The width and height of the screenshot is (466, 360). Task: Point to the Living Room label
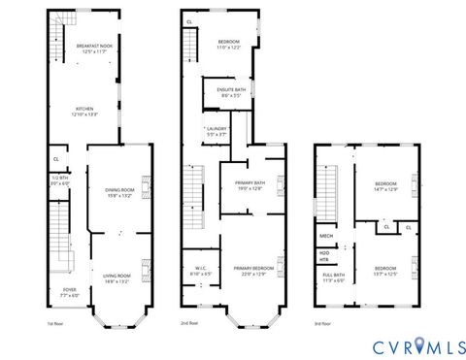117,278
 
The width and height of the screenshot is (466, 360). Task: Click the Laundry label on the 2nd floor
216,131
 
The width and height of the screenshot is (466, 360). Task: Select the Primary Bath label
250,186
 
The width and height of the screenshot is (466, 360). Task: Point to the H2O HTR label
324,256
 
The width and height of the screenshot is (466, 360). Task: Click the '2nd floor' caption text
188,322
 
